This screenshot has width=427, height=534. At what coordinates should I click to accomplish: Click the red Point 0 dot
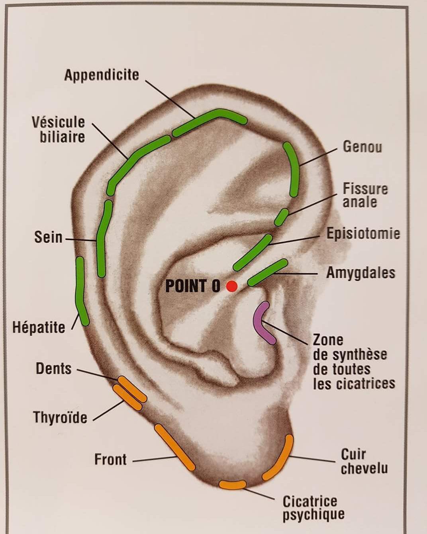click(x=231, y=286)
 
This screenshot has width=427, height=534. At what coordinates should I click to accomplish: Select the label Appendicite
click(x=102, y=75)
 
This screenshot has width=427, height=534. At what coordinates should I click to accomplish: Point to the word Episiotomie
click(x=363, y=234)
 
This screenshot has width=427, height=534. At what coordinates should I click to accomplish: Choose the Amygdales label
click(x=360, y=273)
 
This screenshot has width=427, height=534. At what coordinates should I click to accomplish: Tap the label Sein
click(x=49, y=237)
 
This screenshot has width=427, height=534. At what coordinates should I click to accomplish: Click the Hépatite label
click(x=39, y=328)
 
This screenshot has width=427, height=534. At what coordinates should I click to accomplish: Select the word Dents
click(x=54, y=368)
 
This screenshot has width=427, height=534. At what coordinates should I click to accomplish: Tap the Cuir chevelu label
click(x=364, y=462)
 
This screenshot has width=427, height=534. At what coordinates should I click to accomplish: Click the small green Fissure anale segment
click(x=282, y=217)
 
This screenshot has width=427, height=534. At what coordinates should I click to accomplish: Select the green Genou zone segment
click(x=292, y=170)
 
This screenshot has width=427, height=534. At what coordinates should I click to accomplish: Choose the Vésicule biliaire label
click(x=59, y=129)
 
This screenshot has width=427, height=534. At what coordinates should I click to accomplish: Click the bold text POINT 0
click(x=193, y=286)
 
